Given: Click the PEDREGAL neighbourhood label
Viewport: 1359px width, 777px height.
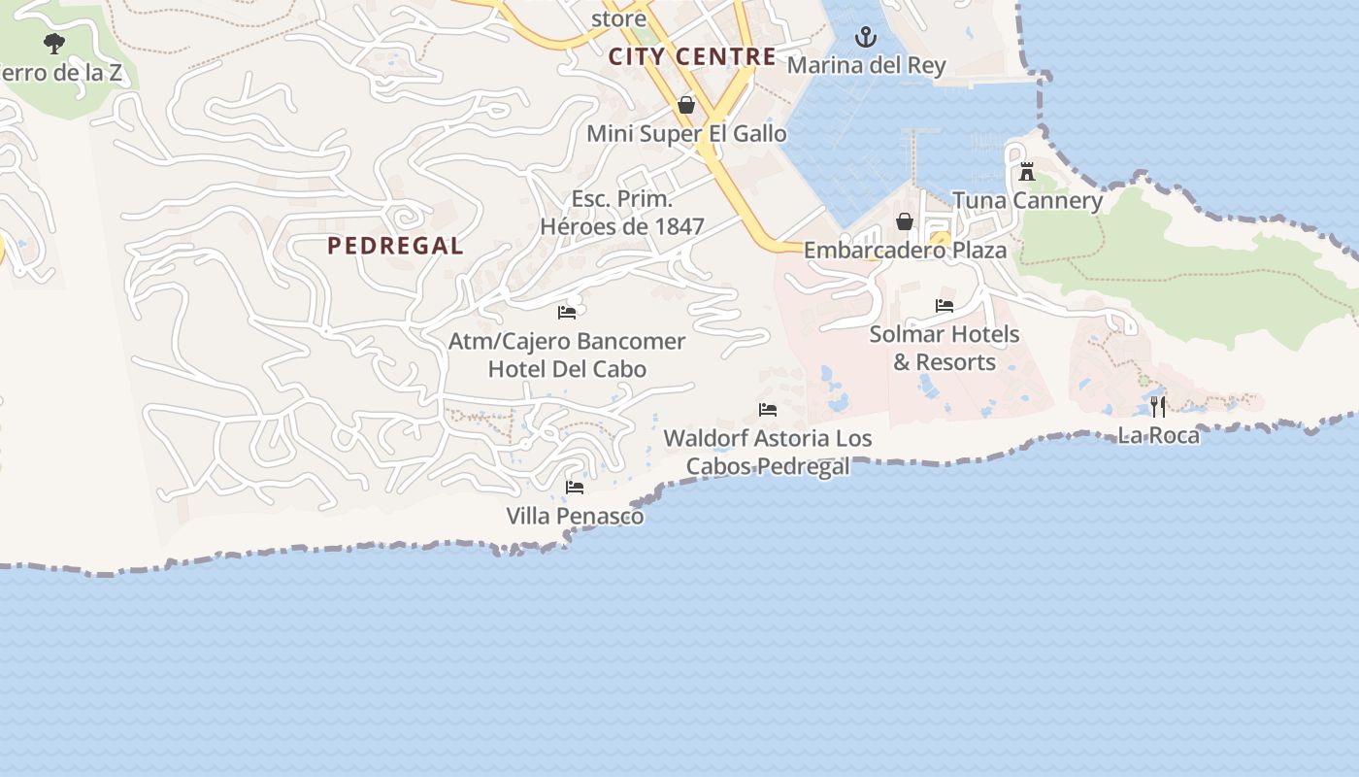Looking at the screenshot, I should tap(395, 246).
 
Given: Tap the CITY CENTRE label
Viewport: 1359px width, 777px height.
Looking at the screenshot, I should tap(692, 56).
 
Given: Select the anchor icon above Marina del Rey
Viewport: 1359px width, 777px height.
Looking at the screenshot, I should tap(865, 38).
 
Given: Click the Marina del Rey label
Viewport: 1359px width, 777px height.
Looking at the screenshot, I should tap(866, 65).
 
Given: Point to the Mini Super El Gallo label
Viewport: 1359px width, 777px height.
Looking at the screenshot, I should tap(686, 133).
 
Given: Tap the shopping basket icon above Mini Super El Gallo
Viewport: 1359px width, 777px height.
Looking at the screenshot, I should tap(686, 105).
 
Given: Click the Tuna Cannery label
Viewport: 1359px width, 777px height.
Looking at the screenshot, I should tap(1027, 201).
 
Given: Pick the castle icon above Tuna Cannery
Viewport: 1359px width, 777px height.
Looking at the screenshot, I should tap(1027, 173).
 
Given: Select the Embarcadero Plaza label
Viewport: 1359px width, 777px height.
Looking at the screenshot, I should tap(905, 250).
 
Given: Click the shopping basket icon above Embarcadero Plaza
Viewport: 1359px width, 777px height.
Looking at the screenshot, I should tap(905, 222).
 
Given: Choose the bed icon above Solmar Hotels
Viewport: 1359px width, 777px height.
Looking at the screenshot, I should tap(945, 306).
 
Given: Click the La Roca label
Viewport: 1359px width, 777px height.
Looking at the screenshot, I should tap(1158, 435).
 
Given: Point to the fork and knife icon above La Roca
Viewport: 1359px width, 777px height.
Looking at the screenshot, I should tap(1158, 406).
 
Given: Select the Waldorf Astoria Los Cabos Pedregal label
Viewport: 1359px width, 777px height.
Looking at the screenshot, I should tap(768, 453).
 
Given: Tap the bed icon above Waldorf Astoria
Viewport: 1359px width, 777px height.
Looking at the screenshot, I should tap(768, 410).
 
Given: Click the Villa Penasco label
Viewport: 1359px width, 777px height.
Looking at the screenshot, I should tap(575, 516).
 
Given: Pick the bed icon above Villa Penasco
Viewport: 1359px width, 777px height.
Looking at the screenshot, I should tap(575, 487).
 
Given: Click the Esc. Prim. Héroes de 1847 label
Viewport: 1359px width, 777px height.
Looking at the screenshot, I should tap(622, 213).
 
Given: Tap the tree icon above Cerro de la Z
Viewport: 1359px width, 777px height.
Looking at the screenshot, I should tap(54, 44).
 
